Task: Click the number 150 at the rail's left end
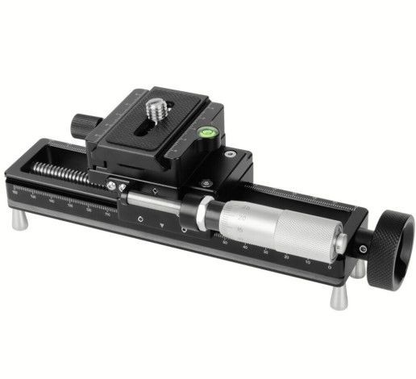click(x=18, y=190)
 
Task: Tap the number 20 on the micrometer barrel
click(x=243, y=217)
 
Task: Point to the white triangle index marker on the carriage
click(x=164, y=223)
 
